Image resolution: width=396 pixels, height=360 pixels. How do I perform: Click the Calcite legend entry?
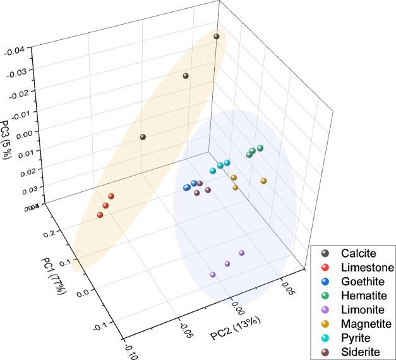tap(353, 253)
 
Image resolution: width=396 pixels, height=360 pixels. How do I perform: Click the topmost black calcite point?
tap(217, 37)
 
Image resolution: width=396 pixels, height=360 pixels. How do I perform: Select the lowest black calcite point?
tap(143, 137)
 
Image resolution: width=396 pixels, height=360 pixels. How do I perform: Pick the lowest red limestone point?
tap(100, 215)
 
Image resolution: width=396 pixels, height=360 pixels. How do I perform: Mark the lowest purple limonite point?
tap(213, 275)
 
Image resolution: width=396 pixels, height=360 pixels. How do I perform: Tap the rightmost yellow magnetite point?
tap(263, 181)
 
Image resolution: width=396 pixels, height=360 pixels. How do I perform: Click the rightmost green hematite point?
tap(260, 148)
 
